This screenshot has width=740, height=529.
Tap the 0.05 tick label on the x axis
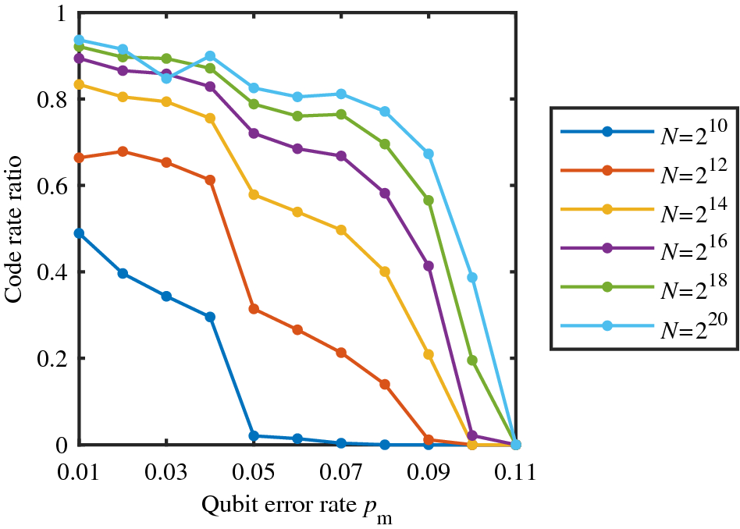(x=254, y=473)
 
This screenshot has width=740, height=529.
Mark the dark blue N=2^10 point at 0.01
(x=79, y=233)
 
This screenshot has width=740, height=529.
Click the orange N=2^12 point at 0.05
(x=254, y=309)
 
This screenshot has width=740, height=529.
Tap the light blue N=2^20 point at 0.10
(x=472, y=278)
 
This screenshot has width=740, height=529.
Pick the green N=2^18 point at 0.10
(x=472, y=360)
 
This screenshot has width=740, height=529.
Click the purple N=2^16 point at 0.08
(x=385, y=193)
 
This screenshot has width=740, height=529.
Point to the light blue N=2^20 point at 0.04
(x=210, y=56)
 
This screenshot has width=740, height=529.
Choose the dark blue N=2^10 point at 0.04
(x=210, y=317)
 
